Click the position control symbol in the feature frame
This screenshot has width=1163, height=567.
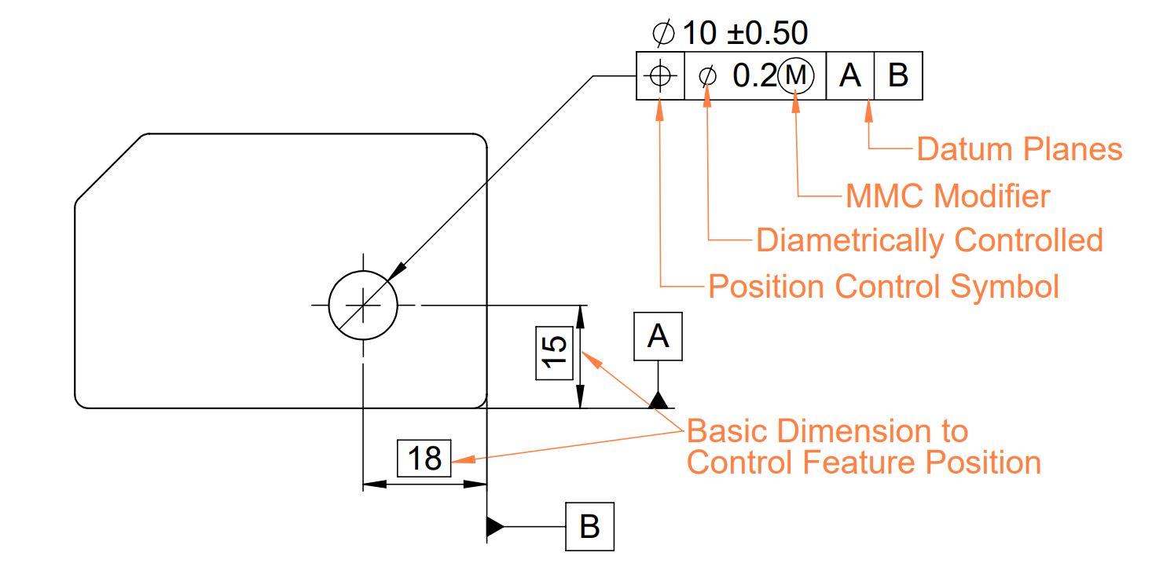tap(660, 75)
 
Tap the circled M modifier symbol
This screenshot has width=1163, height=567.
tap(795, 75)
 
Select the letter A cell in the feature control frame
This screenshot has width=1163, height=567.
tap(850, 75)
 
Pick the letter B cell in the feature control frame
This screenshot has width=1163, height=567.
tap(898, 75)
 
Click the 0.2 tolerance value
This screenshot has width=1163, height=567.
tap(754, 75)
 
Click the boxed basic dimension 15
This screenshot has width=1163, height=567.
tap(554, 353)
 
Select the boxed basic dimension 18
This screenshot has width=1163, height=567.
tap(424, 458)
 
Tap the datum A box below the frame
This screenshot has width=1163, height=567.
tap(658, 336)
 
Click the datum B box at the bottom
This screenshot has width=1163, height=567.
tap(589, 526)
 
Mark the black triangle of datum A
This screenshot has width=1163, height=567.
tap(659, 401)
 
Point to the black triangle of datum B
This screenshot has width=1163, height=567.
tap(495, 526)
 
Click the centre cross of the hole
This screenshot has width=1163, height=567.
tap(363, 305)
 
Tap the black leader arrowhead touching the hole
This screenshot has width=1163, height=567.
tap(397, 271)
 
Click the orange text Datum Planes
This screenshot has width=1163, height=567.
tap(1019, 149)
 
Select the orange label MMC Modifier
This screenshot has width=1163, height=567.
tap(948, 196)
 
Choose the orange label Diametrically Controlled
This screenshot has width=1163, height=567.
tap(930, 240)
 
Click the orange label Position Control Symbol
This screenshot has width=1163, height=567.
tap(883, 287)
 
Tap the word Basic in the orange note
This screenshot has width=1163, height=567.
tap(729, 431)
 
